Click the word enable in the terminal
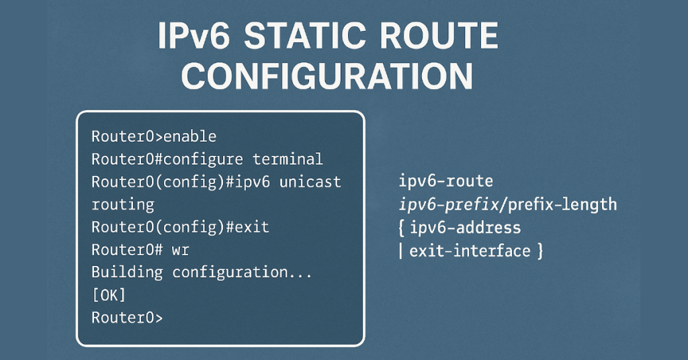point(189,136)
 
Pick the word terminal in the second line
point(288,159)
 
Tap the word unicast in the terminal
point(310,182)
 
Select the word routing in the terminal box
point(122,204)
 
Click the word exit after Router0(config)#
point(248,227)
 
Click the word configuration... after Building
point(243,272)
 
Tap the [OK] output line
point(109,295)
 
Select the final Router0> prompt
point(127,318)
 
